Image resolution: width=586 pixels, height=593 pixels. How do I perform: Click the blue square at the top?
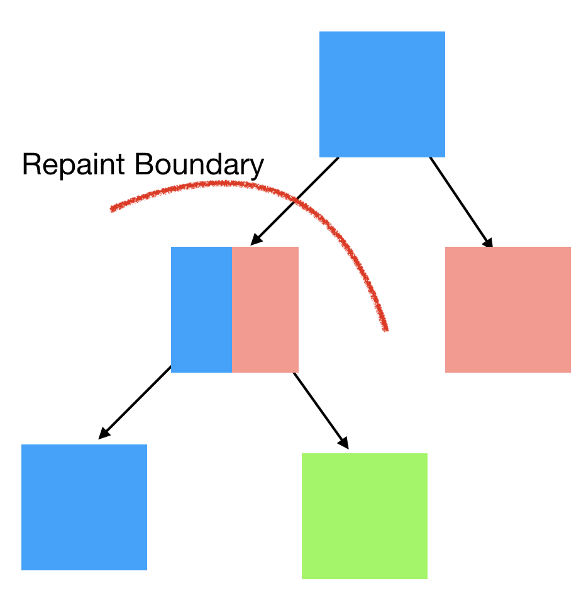pos(382,94)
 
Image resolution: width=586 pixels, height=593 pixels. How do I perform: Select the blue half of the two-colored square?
pos(201,309)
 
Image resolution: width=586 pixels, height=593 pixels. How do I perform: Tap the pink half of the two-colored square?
pos(265,309)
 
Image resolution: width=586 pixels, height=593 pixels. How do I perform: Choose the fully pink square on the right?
pos(507,309)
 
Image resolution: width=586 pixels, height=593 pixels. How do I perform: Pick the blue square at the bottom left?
pos(84,507)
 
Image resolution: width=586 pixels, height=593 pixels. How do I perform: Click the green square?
pos(364,516)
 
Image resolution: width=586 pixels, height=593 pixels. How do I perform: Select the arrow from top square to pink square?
pos(460,201)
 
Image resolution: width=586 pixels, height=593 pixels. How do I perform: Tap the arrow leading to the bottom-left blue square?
pos(135,402)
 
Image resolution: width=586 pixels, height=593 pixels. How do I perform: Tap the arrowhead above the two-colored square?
pos(255,240)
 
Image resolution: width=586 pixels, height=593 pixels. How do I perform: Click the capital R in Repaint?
pos(31,165)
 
